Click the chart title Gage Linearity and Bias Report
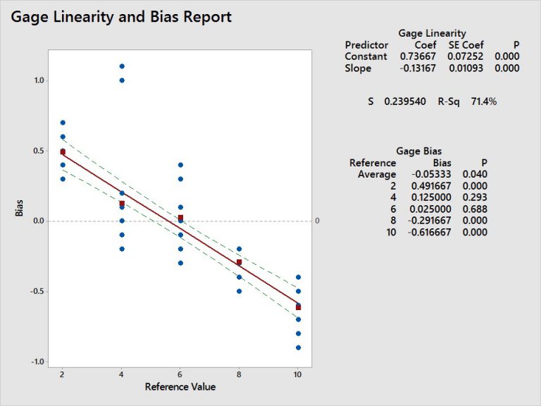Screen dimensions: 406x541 tap(120, 17)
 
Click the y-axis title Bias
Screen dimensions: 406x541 tap(20, 209)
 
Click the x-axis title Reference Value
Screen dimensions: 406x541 tap(180, 386)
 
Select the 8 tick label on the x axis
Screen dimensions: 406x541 tap(239, 374)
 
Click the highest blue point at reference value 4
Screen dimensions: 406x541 tap(122, 66)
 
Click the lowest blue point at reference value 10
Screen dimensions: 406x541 tap(298, 347)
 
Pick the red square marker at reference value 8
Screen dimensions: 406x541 tap(239, 262)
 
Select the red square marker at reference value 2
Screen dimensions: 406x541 tap(63, 152)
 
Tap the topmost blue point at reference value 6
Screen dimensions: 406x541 tap(180, 165)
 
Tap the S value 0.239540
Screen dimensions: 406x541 tap(405, 101)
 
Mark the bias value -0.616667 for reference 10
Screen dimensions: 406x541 tap(426, 233)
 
